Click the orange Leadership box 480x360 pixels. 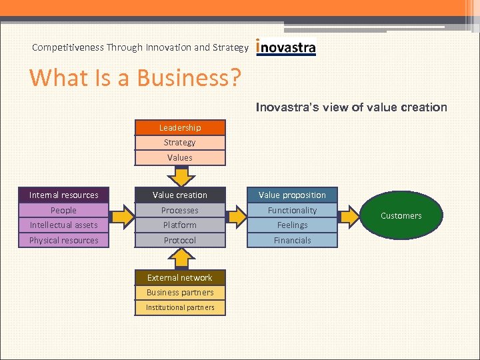coord(180,127)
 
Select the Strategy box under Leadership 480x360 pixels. coord(180,143)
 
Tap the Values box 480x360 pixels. coord(180,158)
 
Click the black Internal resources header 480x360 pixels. coord(64,195)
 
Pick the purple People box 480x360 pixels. coord(64,210)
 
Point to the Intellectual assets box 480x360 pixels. coord(64,225)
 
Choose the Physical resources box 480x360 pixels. coord(64,241)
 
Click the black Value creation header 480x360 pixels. coord(180,195)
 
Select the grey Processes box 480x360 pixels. coord(180,210)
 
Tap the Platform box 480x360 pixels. coord(180,225)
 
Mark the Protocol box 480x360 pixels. coord(180,241)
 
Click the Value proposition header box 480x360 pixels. coord(292,195)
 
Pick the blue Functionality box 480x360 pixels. coord(292,210)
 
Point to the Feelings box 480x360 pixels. coord(292,225)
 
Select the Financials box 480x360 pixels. coord(292,241)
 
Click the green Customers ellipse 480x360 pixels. coord(401,216)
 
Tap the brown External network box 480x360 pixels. coord(180,277)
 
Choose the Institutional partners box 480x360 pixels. coord(180,307)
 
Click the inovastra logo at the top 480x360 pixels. coord(286,48)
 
